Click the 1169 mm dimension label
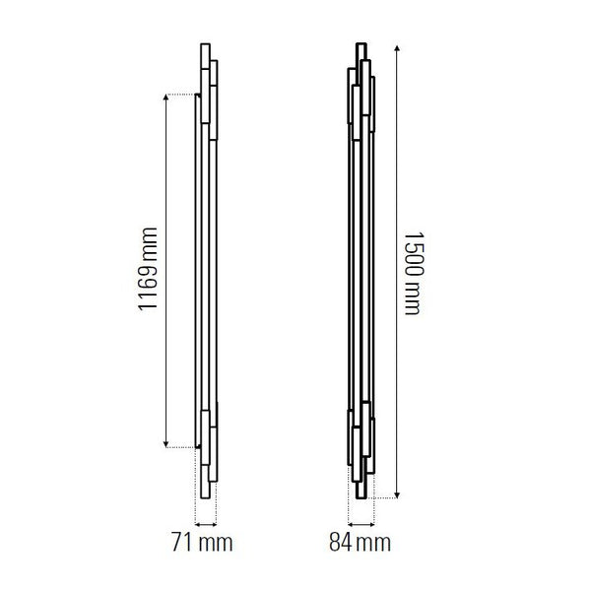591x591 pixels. (x=148, y=269)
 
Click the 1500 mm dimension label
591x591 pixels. (x=415, y=274)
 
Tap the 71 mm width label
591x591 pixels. (x=202, y=542)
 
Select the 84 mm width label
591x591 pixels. (x=360, y=542)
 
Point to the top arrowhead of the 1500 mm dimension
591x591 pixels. (x=397, y=48)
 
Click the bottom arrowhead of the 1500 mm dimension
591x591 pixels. (x=397, y=494)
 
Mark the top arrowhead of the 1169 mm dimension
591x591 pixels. (x=165, y=98)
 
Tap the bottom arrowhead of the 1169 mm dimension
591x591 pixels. (x=165, y=444)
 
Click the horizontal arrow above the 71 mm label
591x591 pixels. (x=206, y=524)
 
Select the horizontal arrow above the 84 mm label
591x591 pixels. (x=361, y=524)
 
